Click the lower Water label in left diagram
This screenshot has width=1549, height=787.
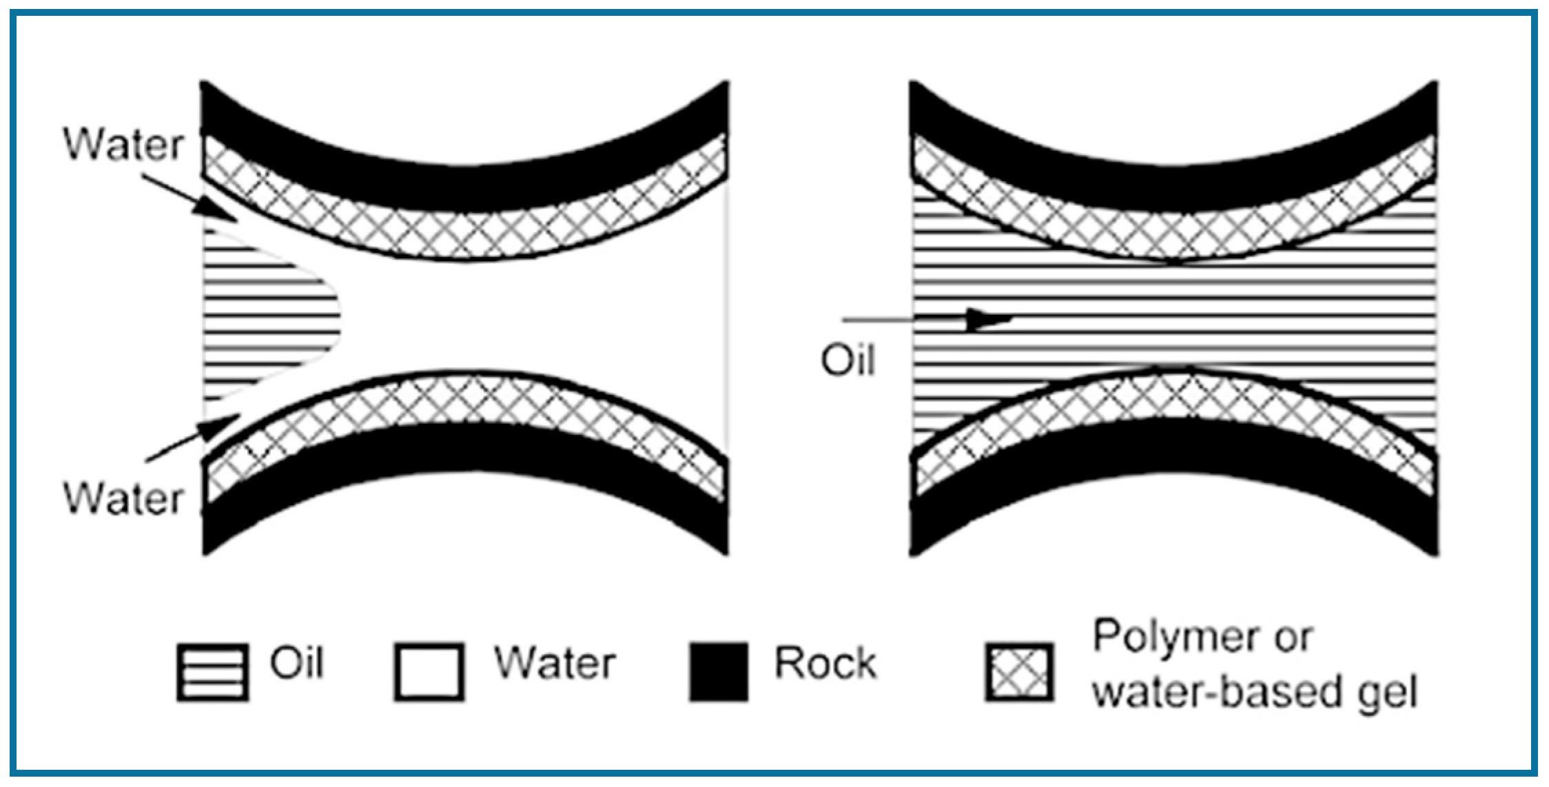[x=124, y=498]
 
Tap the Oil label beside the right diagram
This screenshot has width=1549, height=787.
[x=848, y=360]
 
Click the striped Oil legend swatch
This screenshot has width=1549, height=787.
[x=212, y=672]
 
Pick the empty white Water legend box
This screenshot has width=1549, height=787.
[x=429, y=672]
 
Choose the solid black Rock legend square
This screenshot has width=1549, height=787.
[x=719, y=672]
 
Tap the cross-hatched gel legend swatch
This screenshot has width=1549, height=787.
[x=1019, y=672]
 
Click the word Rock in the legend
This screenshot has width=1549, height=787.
[x=825, y=663]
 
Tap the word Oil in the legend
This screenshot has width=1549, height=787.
[x=296, y=663]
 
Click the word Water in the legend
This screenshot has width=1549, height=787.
[x=555, y=663]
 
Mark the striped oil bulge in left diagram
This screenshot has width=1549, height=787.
[x=269, y=317]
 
